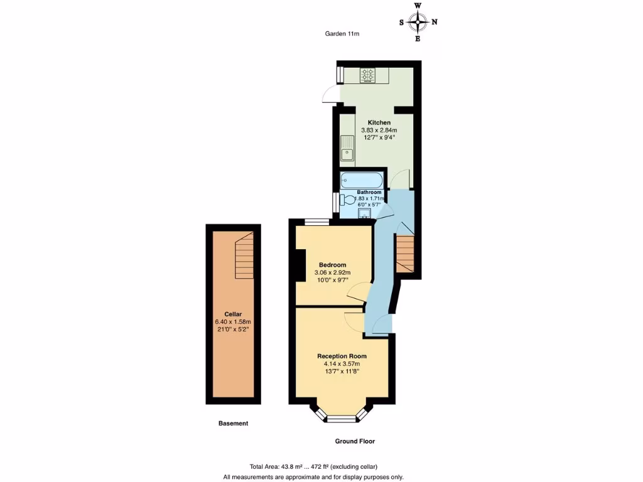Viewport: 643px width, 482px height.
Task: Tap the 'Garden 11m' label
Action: click(x=342, y=35)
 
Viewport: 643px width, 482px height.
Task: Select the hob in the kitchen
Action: click(x=367, y=76)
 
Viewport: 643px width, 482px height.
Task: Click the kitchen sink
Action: click(x=347, y=147)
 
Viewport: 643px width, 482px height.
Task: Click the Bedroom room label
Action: click(x=332, y=265)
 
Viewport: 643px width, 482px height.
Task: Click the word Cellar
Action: click(x=233, y=314)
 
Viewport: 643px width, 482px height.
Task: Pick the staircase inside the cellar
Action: click(x=244, y=256)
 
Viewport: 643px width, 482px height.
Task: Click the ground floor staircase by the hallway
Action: click(x=405, y=253)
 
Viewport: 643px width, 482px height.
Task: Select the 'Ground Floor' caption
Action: click(x=355, y=441)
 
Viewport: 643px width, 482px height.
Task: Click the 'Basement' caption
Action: click(x=233, y=424)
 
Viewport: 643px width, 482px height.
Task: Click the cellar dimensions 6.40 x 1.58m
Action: click(x=233, y=322)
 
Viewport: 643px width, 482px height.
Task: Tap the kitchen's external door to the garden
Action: click(x=329, y=95)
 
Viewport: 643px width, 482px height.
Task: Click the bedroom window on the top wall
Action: click(x=316, y=222)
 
